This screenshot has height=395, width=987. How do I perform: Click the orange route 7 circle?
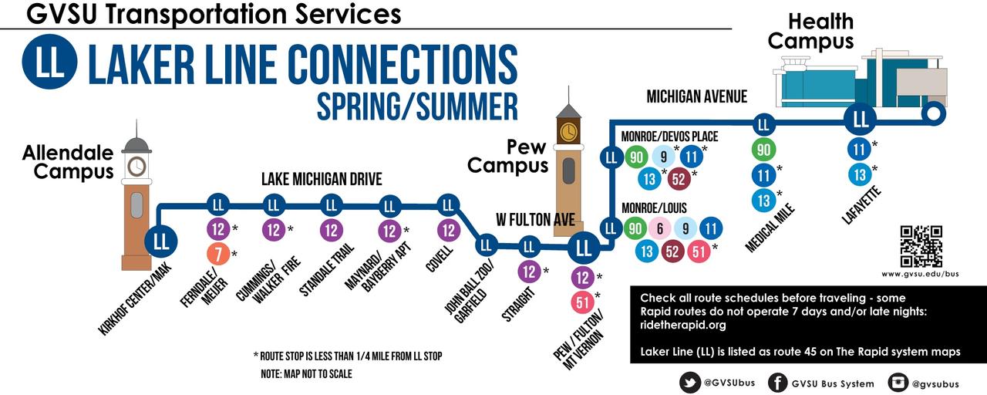tap(218, 254)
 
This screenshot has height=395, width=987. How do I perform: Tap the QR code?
tap(921, 246)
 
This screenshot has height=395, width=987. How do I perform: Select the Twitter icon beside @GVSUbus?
tap(690, 382)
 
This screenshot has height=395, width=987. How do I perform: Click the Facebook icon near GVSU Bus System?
tap(779, 382)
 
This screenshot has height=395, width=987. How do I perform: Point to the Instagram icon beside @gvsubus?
tap(899, 382)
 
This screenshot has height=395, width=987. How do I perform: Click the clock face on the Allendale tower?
tap(136, 166)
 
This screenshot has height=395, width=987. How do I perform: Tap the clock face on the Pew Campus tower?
tap(568, 132)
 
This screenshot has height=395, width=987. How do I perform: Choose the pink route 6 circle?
tap(660, 228)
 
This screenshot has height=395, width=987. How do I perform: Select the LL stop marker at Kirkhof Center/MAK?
tap(161, 240)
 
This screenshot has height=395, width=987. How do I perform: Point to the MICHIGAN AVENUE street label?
tap(697, 96)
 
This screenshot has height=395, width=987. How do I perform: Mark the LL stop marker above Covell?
tap(448, 205)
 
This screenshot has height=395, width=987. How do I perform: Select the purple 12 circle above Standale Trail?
tap(332, 230)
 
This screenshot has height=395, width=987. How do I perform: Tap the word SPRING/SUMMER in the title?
tap(417, 106)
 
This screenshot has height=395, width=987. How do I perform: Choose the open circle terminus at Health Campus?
tap(933, 114)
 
